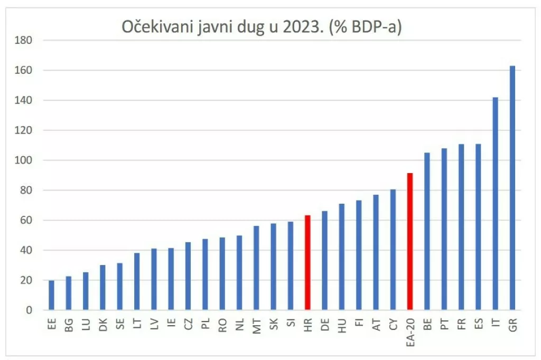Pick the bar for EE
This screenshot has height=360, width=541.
51,296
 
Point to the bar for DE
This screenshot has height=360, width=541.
324,261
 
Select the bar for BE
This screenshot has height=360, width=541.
427,232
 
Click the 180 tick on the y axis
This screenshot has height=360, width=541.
25,40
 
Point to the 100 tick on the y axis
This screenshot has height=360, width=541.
25,160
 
